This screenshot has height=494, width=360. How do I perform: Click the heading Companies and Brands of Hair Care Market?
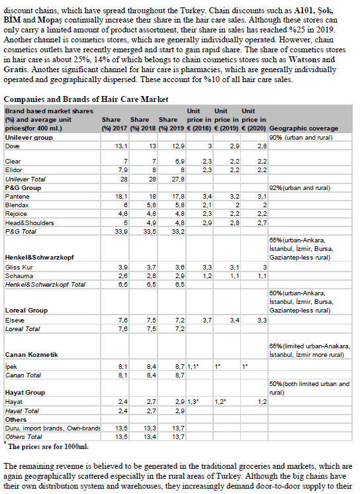click(x=85, y=99)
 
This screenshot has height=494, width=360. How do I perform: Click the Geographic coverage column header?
click(x=304, y=127)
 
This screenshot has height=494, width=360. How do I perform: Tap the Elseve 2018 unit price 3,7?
click(x=206, y=320)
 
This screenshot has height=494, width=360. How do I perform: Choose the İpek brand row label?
click(x=11, y=366)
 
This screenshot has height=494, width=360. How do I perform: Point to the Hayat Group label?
click(x=24, y=393)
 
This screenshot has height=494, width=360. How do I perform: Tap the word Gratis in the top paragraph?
click(x=16, y=69)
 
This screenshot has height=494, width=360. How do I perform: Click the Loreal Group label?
click(x=26, y=310)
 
